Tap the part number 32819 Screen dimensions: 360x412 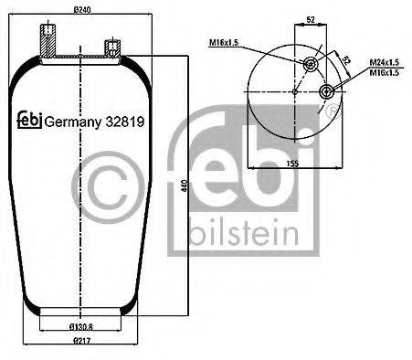[129, 121]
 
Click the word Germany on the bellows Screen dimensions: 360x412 [73, 121]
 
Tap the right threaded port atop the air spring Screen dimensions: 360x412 [111, 48]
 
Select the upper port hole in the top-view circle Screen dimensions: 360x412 [310, 63]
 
